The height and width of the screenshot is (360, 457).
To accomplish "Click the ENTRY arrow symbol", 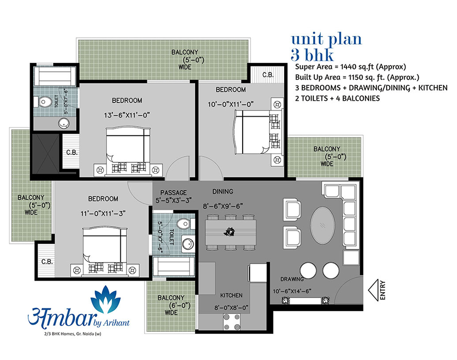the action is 373,290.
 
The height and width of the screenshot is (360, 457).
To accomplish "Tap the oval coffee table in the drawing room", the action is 323,226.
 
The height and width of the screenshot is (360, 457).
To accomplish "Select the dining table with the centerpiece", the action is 230,232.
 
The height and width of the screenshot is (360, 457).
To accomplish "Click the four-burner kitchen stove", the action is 232,321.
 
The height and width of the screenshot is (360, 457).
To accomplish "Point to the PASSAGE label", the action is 173,193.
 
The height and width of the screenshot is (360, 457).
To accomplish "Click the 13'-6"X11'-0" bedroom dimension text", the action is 127,116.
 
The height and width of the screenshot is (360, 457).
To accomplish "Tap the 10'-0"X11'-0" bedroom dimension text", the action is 230,104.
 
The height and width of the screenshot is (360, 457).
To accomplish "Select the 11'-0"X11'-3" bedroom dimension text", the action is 103,214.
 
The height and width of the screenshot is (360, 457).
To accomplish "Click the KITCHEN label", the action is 231,295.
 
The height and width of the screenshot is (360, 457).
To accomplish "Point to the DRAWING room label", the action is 292,279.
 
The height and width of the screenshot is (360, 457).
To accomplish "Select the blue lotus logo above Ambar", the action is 106,299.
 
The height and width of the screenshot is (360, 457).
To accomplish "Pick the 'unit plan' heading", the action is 326,39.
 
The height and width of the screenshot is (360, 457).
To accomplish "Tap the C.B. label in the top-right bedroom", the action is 268,75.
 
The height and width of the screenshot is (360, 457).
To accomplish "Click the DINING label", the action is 223,192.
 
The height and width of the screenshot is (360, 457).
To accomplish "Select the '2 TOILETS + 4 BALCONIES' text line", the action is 337,99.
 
